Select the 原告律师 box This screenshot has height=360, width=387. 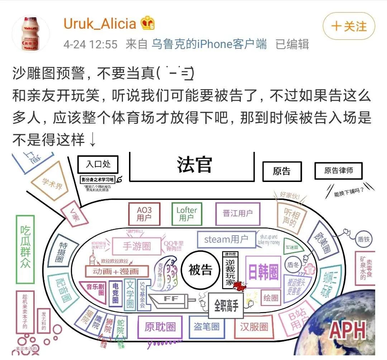pyautogui.click(x=338, y=171)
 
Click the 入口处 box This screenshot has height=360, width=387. pyautogui.click(x=98, y=164)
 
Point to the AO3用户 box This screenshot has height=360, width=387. pyautogui.click(x=144, y=213)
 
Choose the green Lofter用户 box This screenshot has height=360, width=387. pyautogui.click(x=186, y=213)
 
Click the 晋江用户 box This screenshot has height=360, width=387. pyautogui.click(x=238, y=213)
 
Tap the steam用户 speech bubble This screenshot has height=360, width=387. pyautogui.click(x=226, y=239)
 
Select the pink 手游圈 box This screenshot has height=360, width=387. pyautogui.click(x=137, y=246)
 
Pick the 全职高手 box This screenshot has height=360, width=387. pyautogui.click(x=226, y=307)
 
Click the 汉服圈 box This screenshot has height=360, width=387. pyautogui.click(x=254, y=326)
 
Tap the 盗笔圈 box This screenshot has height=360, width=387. pyautogui.click(x=206, y=326)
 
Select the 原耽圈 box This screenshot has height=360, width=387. pyautogui.click(x=160, y=327)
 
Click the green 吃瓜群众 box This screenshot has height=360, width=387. pyautogui.click(x=25, y=247)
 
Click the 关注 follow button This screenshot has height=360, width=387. pyautogui.click(x=349, y=27)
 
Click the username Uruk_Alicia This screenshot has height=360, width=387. pyautogui.click(x=100, y=24)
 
